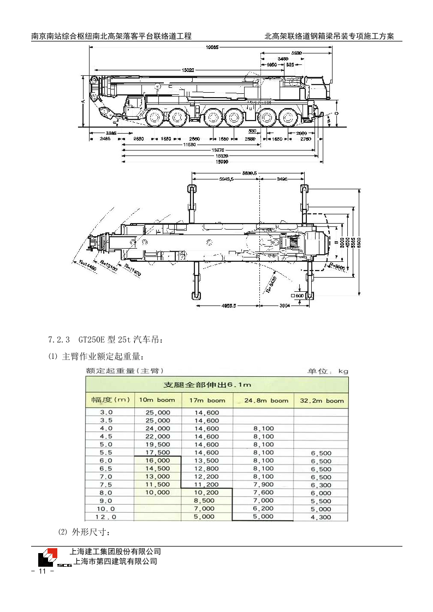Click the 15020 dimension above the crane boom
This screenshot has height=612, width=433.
pyautogui.click(x=187, y=70)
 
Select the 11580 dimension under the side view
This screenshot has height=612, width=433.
pyautogui.click(x=189, y=145)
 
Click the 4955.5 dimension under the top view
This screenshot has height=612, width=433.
pyautogui.click(x=228, y=306)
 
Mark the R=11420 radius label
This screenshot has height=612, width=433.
pyautogui.click(x=132, y=271)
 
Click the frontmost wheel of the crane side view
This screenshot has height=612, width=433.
pyautogui.click(x=155, y=117)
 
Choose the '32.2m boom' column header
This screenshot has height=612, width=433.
pyautogui.click(x=321, y=400)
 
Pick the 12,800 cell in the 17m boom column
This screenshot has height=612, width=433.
pyautogui.click(x=206, y=469)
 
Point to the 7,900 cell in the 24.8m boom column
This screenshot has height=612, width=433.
pyautogui.click(x=263, y=484)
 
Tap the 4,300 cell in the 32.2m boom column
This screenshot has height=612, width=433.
pyautogui.click(x=321, y=517)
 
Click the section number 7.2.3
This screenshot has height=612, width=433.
pyautogui.click(x=59, y=339)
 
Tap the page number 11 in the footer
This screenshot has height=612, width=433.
pyautogui.click(x=41, y=571)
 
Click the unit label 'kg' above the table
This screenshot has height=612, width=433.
pyautogui.click(x=343, y=371)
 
